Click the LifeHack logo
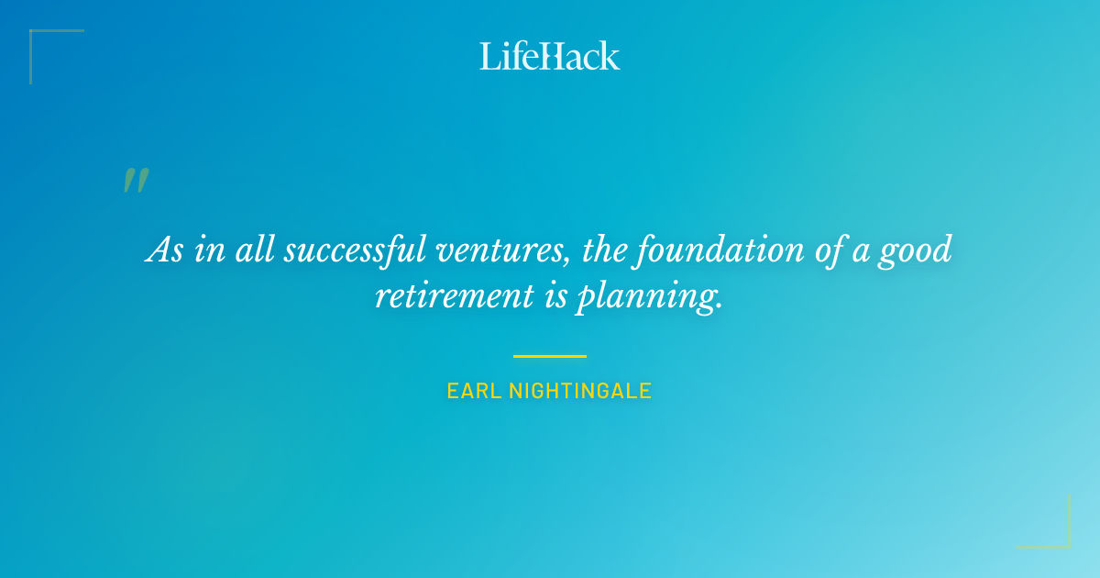(x=550, y=55)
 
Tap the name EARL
(x=468, y=391)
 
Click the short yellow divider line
(x=550, y=356)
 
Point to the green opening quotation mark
(x=136, y=181)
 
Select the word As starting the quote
(x=165, y=250)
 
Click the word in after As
(x=210, y=250)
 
